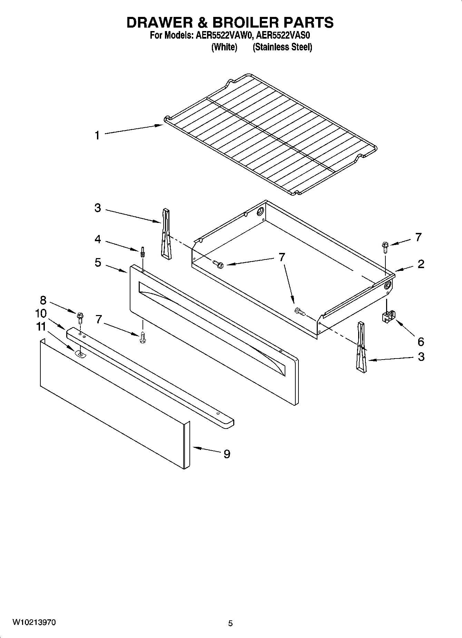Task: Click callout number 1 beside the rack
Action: coord(97,135)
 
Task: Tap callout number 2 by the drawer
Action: coord(421,264)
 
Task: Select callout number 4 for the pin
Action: coord(98,239)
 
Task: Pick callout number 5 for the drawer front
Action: coord(98,263)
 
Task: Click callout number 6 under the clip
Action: coord(421,342)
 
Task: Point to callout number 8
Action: coord(43,300)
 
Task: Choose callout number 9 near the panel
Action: coord(227,454)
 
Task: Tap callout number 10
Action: coord(41,313)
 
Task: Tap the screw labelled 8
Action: coord(80,316)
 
